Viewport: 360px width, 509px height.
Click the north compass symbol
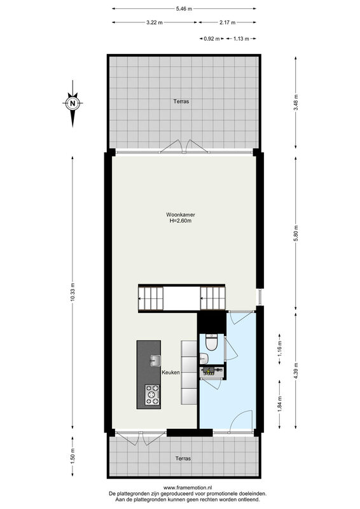pyautogui.click(x=73, y=104)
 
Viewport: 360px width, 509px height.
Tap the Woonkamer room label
pyautogui.click(x=181, y=214)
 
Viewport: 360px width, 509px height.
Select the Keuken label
pyautogui.click(x=170, y=372)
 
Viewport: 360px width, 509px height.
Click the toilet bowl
pyautogui.click(x=212, y=343)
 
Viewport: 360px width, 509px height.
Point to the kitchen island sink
pyautogui.click(x=155, y=360)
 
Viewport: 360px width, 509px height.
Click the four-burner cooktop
pyautogui.click(x=152, y=394)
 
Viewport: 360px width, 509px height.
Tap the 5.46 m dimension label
pyautogui.click(x=184, y=9)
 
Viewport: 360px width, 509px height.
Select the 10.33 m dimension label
pyautogui.click(x=73, y=292)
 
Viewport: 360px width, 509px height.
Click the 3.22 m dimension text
pyautogui.click(x=154, y=22)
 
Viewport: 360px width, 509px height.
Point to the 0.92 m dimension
pyautogui.click(x=212, y=39)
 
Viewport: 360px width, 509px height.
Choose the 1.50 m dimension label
pyautogui.click(x=73, y=456)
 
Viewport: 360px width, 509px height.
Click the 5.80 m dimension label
pyautogui.click(x=295, y=233)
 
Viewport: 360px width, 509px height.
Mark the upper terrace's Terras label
pyautogui.click(x=181, y=101)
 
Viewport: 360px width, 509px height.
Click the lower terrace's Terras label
pyautogui.click(x=183, y=458)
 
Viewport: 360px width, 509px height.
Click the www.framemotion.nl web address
pyautogui.click(x=188, y=487)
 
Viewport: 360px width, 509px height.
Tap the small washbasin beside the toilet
pyautogui.click(x=204, y=358)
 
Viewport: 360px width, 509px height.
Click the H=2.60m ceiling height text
pyautogui.click(x=181, y=221)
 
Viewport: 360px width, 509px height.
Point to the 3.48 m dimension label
pyautogui.click(x=295, y=102)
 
